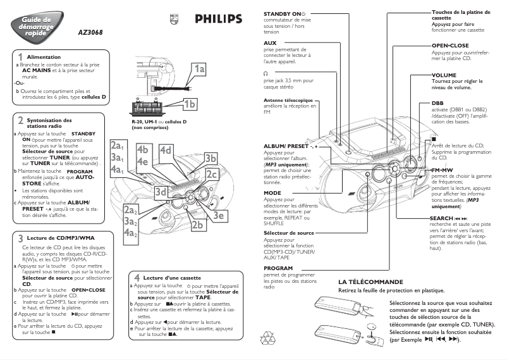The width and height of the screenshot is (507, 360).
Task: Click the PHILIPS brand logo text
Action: click(218, 19)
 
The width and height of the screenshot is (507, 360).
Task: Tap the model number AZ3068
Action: click(90, 32)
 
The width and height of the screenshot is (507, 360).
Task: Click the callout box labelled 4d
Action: click(166, 150)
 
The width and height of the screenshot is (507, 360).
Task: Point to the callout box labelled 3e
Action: click(219, 215)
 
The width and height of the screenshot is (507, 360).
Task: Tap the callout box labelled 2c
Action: click(211, 174)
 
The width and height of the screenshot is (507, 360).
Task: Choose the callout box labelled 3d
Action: click(161, 192)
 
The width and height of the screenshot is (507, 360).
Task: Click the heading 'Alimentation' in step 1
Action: click(44, 58)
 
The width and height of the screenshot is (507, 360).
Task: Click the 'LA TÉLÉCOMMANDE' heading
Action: click(370, 282)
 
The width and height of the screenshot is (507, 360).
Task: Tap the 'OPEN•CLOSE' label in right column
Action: click(450, 46)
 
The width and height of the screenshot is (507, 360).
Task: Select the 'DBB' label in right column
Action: click(437, 102)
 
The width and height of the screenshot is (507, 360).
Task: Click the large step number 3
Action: click(20, 238)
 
